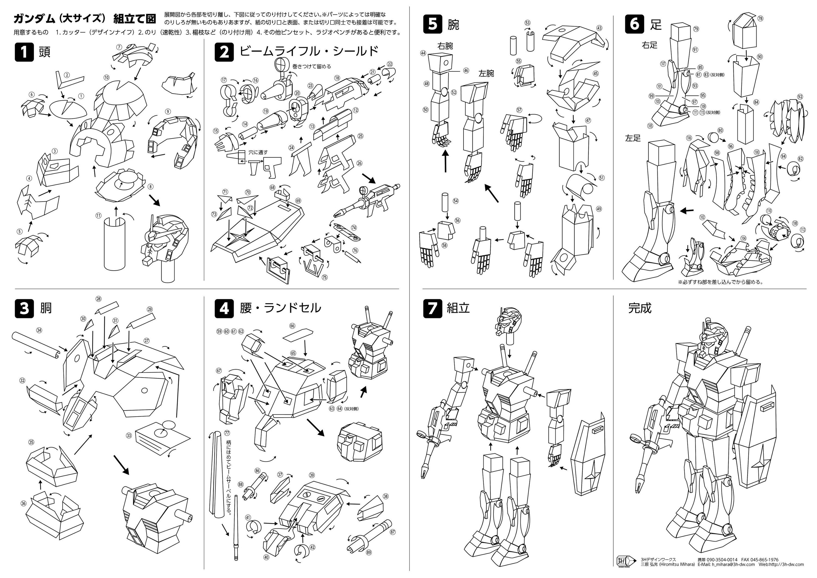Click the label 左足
coord(633,138)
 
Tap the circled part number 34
coord(39,330)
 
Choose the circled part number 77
coord(227,433)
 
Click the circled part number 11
coord(99,215)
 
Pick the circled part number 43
coord(599,28)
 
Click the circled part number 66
coord(292,326)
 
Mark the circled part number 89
coord(369,552)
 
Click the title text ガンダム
coord(34,18)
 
